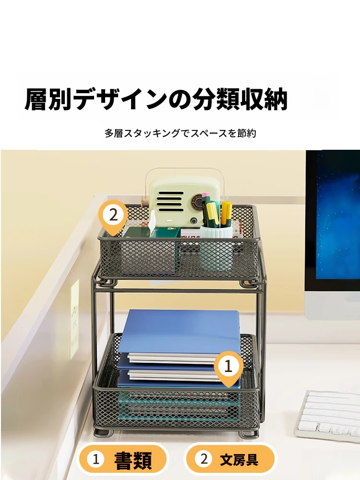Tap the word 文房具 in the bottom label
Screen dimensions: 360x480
239,460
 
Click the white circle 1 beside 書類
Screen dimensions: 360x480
96,459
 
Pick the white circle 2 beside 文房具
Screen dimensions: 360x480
204,459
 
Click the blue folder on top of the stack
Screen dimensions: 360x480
179,332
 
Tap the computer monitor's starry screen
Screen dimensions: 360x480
338,214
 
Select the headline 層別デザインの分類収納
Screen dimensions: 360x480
156,99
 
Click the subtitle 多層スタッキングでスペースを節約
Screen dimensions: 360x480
180,133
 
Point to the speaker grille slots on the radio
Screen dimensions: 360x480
170,201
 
